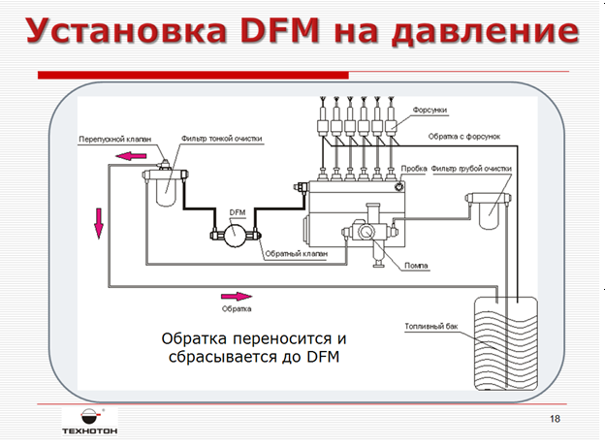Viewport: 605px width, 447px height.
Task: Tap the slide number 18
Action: (555, 418)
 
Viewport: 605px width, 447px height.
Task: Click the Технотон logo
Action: (86, 419)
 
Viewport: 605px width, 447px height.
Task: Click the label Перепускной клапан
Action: (109, 139)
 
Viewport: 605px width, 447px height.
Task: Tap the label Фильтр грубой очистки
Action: (471, 168)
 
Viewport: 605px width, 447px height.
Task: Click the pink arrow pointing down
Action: (97, 222)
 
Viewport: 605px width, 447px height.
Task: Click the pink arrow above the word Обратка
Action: (236, 297)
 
